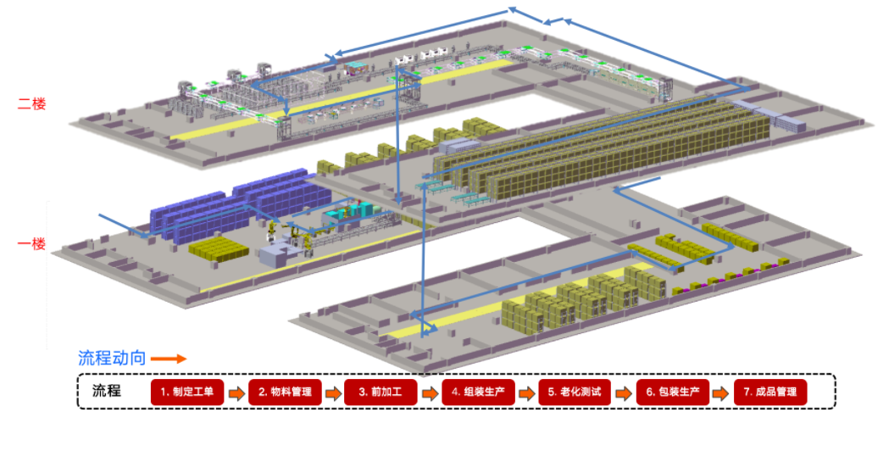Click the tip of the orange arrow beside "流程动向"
(x=186, y=359)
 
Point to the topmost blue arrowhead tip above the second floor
(x=508, y=8)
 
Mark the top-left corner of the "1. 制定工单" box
(x=152, y=380)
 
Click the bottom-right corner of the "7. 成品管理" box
(x=806, y=405)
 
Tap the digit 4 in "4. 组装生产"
(x=455, y=392)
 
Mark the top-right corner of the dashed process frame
(x=836, y=374)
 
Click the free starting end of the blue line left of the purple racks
(x=99, y=215)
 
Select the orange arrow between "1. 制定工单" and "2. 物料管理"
(x=236, y=393)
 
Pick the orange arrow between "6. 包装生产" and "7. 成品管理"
(x=722, y=393)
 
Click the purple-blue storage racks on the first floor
(x=238, y=204)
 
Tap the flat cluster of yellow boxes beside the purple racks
(x=219, y=249)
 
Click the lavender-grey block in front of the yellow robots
(x=275, y=254)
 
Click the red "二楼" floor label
(x=31, y=103)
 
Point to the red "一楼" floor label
(x=31, y=244)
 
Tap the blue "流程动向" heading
(x=112, y=358)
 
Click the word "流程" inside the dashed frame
(x=107, y=391)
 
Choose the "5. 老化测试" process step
(x=575, y=392)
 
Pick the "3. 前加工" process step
(x=381, y=392)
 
